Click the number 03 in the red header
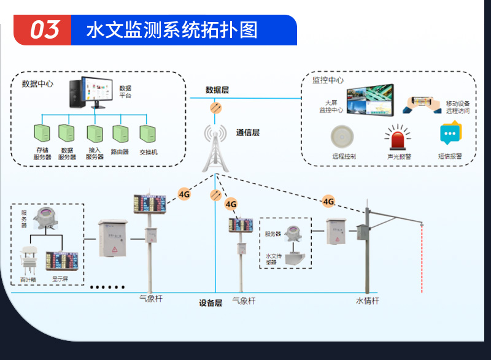[x=45, y=29]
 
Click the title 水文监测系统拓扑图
[x=171, y=30]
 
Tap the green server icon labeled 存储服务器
[x=42, y=134]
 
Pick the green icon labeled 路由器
[x=120, y=134]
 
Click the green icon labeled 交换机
[x=147, y=134]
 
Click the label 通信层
[x=248, y=132]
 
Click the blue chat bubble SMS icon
[x=450, y=134]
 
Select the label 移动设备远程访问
[x=458, y=107]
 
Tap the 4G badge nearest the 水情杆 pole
[x=328, y=201]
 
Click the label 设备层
[x=211, y=302]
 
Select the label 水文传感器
[x=273, y=259]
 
